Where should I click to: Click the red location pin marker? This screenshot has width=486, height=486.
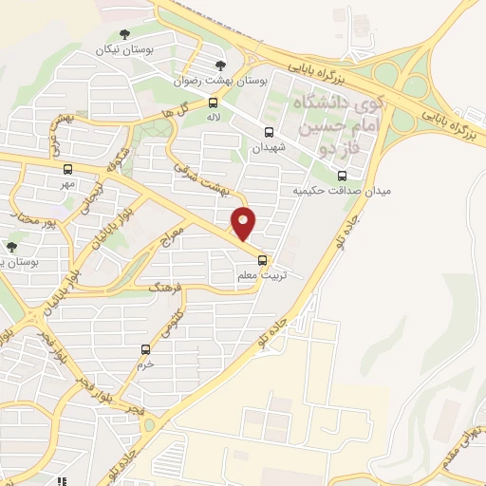[x=245, y=223]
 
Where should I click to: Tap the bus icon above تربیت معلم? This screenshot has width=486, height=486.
[x=263, y=260]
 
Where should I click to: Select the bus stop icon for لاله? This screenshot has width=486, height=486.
[x=213, y=103]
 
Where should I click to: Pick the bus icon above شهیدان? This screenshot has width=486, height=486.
[x=269, y=133]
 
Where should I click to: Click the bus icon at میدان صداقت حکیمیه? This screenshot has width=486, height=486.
[x=343, y=175]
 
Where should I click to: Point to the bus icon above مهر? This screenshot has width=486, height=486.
[x=66, y=169]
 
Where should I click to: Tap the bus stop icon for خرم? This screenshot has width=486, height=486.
[x=145, y=349]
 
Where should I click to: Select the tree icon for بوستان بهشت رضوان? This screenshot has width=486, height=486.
[x=221, y=65]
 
